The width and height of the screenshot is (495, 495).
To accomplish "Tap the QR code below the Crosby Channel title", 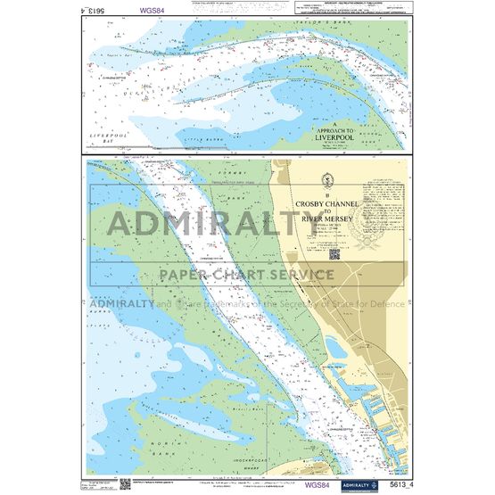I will pos(334,253).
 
